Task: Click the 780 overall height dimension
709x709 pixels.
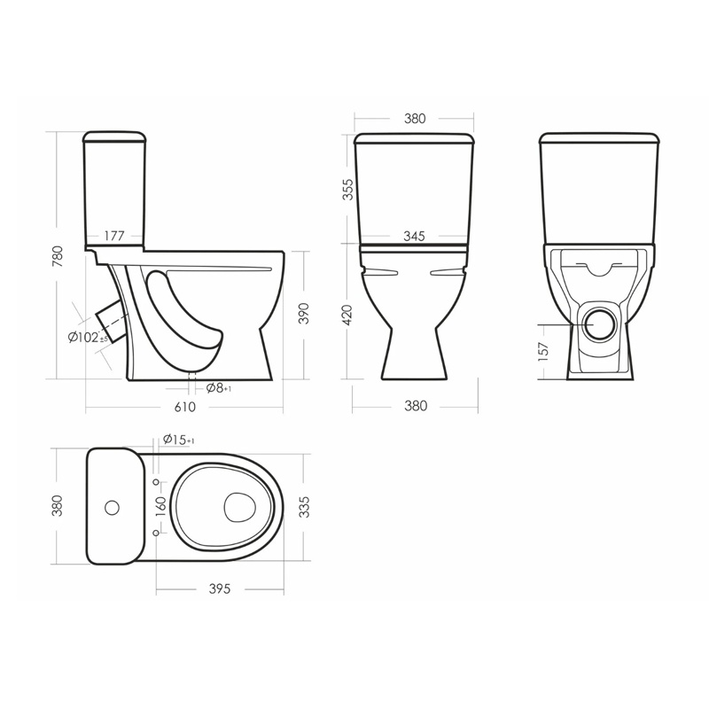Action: tap(58, 256)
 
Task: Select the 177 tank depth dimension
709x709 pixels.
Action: tap(114, 236)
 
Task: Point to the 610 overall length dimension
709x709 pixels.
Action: tap(185, 407)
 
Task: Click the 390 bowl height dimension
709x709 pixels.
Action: tap(304, 314)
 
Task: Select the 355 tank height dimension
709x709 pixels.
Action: tap(347, 190)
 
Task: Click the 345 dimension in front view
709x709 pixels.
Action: tap(414, 236)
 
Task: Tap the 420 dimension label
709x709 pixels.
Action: tap(347, 316)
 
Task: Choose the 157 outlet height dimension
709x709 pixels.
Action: tap(543, 351)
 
